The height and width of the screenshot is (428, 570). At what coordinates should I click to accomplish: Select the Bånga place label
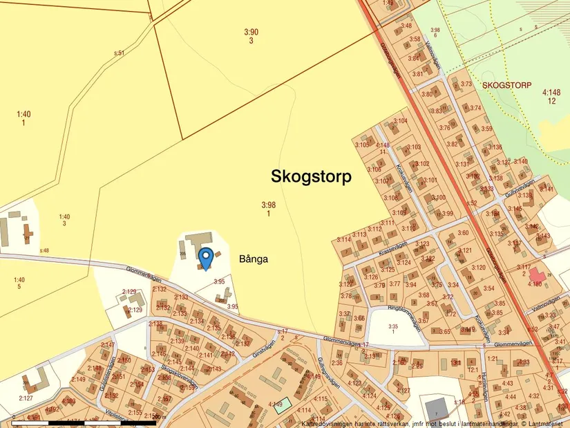tap(253, 260)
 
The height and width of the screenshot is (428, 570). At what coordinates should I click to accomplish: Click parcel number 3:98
tap(268, 205)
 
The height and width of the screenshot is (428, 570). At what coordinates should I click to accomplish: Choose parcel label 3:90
tap(251, 32)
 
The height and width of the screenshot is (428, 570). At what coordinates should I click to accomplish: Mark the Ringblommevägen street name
tap(395, 318)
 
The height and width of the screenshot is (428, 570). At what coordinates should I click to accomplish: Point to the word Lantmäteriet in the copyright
tap(545, 423)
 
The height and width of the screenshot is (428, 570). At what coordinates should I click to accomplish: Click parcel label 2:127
tap(26, 398)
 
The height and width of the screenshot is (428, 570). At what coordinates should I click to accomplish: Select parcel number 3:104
tap(401, 121)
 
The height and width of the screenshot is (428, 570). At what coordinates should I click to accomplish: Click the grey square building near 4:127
tap(435, 408)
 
